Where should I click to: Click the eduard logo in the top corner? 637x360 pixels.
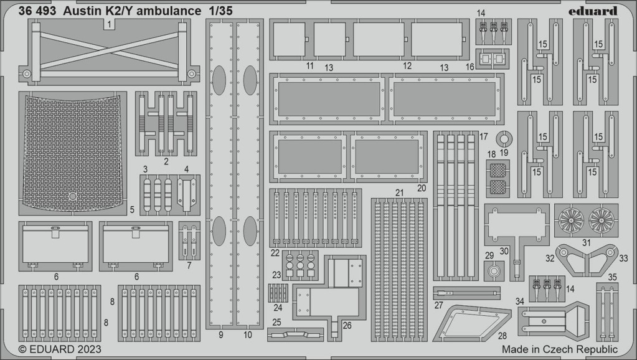click(592, 11)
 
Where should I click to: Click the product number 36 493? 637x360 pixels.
click(37, 11)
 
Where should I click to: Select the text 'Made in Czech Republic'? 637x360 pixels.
click(559, 349)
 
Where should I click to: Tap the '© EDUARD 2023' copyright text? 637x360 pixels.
click(60, 349)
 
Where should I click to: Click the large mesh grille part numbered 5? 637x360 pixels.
click(72, 153)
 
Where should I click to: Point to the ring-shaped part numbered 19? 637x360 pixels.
click(504, 140)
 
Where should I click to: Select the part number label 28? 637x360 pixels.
click(502, 336)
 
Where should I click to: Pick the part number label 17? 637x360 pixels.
click(483, 136)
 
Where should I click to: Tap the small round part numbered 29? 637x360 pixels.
click(494, 271)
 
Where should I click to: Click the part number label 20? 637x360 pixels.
click(422, 188)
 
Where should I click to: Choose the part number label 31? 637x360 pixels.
click(586, 242)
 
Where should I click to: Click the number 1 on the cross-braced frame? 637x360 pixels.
click(109, 25)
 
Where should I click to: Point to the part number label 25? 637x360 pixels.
click(276, 322)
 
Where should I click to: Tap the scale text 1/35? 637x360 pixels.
click(221, 11)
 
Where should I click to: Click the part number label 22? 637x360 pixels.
click(275, 253)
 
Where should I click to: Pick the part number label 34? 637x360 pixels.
click(519, 301)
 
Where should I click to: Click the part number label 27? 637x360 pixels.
click(438, 305)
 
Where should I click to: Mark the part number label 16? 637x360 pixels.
click(470, 67)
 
